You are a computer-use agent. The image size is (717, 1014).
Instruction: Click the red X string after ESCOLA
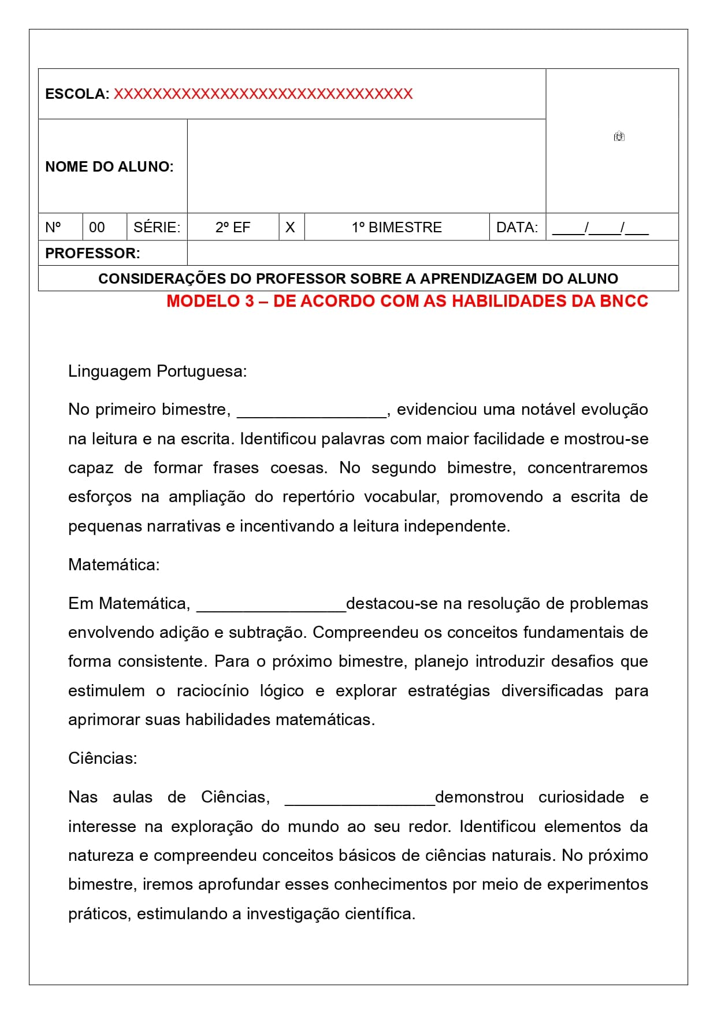click(x=263, y=94)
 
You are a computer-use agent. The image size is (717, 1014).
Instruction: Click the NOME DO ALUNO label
click(x=109, y=167)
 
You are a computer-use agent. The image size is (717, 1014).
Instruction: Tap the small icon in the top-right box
click(x=619, y=137)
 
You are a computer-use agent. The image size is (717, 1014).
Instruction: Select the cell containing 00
click(x=97, y=228)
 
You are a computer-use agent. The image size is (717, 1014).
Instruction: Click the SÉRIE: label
click(x=157, y=228)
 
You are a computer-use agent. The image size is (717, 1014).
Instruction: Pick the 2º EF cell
click(x=233, y=228)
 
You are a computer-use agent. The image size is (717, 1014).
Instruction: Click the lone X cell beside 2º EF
click(x=290, y=228)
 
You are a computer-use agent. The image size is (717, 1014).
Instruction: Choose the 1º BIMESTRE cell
click(x=396, y=228)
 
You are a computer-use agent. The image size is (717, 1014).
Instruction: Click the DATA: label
click(x=517, y=228)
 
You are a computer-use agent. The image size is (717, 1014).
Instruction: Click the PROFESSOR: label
click(x=92, y=254)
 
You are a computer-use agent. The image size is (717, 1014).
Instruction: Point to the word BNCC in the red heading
click(x=623, y=301)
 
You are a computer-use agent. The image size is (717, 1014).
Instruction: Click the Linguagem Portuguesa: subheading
click(x=157, y=372)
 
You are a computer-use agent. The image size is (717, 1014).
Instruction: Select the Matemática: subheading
click(x=114, y=565)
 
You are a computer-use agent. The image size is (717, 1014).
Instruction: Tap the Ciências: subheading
click(x=103, y=759)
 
